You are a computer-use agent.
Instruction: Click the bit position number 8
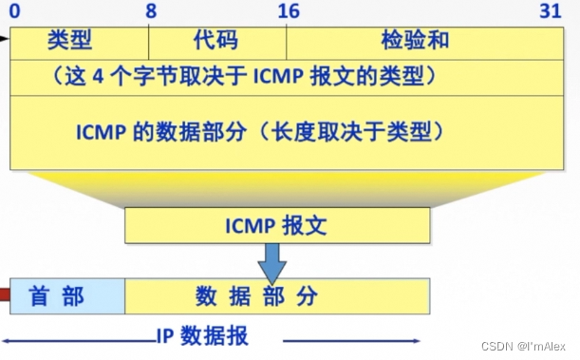point(151,11)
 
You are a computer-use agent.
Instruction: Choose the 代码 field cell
point(217,41)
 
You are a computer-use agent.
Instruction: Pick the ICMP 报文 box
point(277,226)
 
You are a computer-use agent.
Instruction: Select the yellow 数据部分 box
point(277,295)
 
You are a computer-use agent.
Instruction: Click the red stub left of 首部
point(4,295)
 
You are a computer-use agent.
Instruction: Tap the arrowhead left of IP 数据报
point(8,339)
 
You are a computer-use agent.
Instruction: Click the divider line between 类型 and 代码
point(149,41)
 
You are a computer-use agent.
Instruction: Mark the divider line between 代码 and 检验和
point(287,41)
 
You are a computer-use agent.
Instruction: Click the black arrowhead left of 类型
point(5,40)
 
